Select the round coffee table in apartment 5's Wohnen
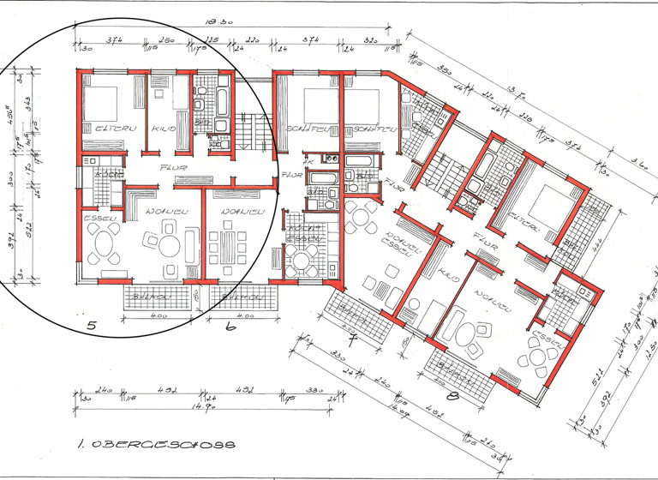(x=168, y=247)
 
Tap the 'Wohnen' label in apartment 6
(x=241, y=212)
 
